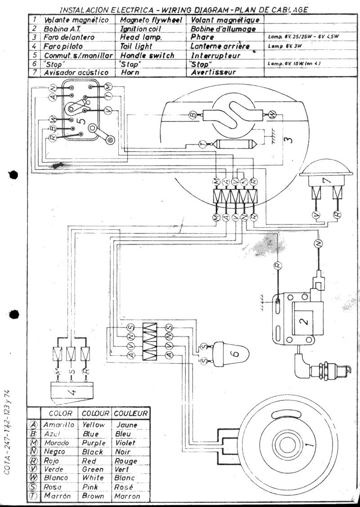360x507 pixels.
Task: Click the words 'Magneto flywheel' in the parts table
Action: pos(150,20)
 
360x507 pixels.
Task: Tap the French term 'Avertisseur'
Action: pos(213,72)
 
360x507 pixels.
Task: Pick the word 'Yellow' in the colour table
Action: pos(94,425)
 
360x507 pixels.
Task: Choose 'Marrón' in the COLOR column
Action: pos(58,496)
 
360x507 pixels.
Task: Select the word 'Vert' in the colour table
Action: pos(124,469)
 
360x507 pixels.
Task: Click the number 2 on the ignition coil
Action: pos(303,320)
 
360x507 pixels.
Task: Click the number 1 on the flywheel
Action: pos(308,444)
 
